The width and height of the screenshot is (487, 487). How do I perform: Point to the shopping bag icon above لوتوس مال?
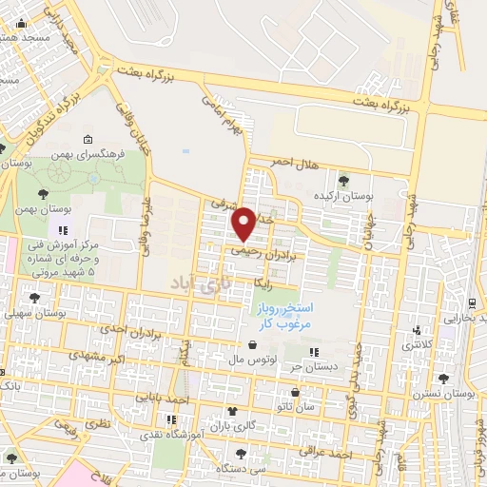click(252, 345)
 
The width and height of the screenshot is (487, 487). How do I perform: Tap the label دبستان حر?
click(312, 367)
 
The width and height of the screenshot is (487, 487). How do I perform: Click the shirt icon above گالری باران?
click(230, 411)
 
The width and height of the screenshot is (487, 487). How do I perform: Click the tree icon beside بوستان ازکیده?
click(343, 181)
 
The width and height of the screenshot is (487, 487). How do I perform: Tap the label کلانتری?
click(419, 343)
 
